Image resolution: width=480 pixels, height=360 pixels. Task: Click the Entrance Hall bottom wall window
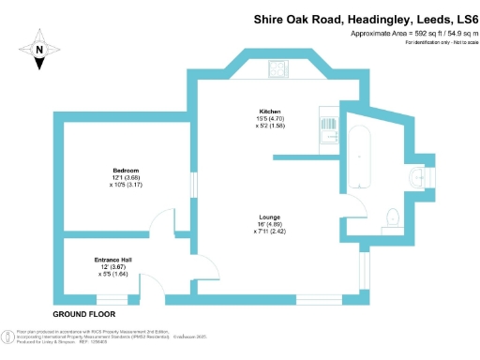coord(112,299)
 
